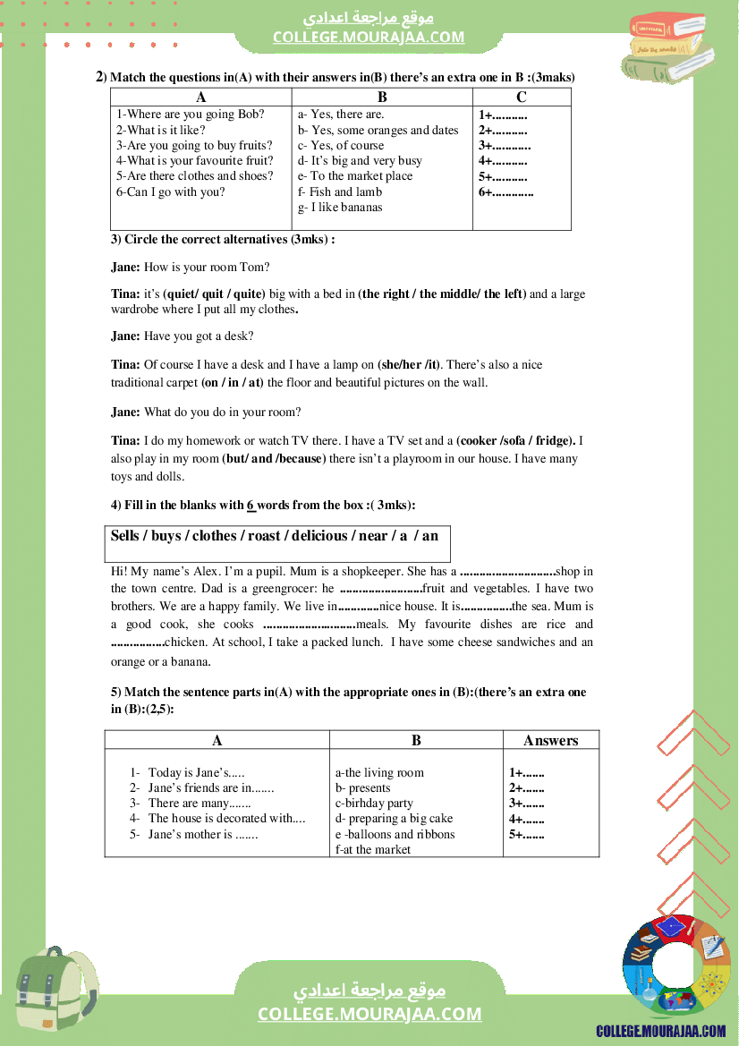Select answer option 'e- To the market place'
(355, 176)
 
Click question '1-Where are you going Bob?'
(191, 115)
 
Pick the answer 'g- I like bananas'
(340, 208)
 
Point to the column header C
(522, 98)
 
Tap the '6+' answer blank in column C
(505, 191)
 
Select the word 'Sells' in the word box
(125, 536)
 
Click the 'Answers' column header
(550, 740)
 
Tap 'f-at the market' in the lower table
(373, 849)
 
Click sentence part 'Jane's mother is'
(203, 835)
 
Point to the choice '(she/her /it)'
(409, 365)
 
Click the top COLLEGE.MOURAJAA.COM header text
(369, 37)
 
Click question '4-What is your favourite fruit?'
(195, 161)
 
